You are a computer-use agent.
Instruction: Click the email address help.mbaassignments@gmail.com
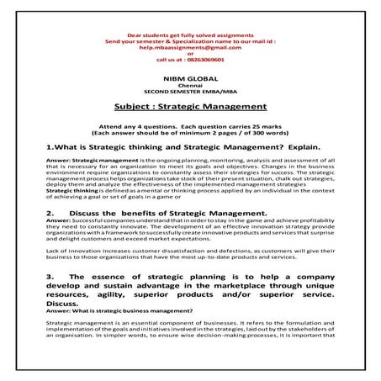(189, 48)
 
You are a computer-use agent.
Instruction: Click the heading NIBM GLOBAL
(189, 77)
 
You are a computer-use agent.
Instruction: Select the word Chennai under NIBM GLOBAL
(189, 84)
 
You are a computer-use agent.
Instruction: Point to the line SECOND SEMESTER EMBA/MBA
(189, 90)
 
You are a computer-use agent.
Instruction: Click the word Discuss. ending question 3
(66, 304)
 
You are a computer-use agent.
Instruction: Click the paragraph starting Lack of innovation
(189, 255)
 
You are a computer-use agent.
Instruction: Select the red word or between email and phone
(189, 54)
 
